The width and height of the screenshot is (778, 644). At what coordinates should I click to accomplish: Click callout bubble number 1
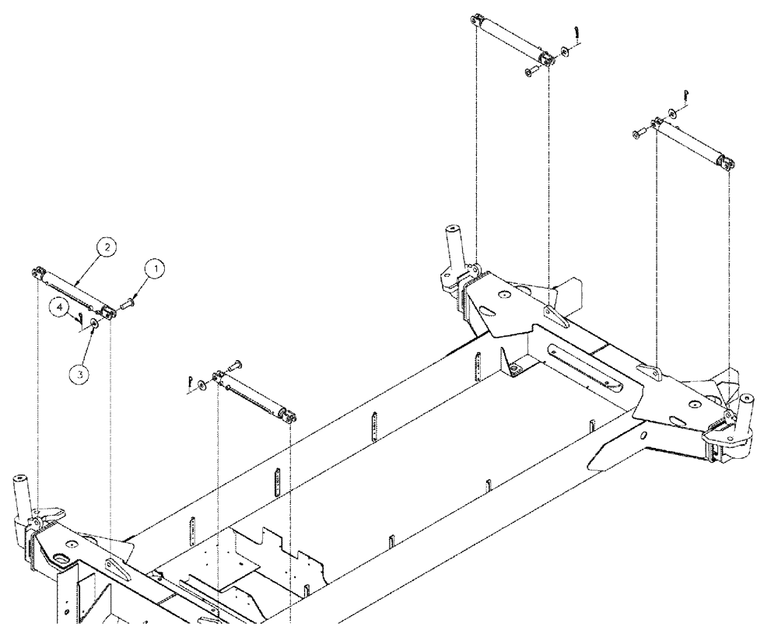pos(156,270)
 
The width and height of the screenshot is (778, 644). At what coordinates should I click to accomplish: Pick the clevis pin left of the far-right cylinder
pos(638,134)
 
